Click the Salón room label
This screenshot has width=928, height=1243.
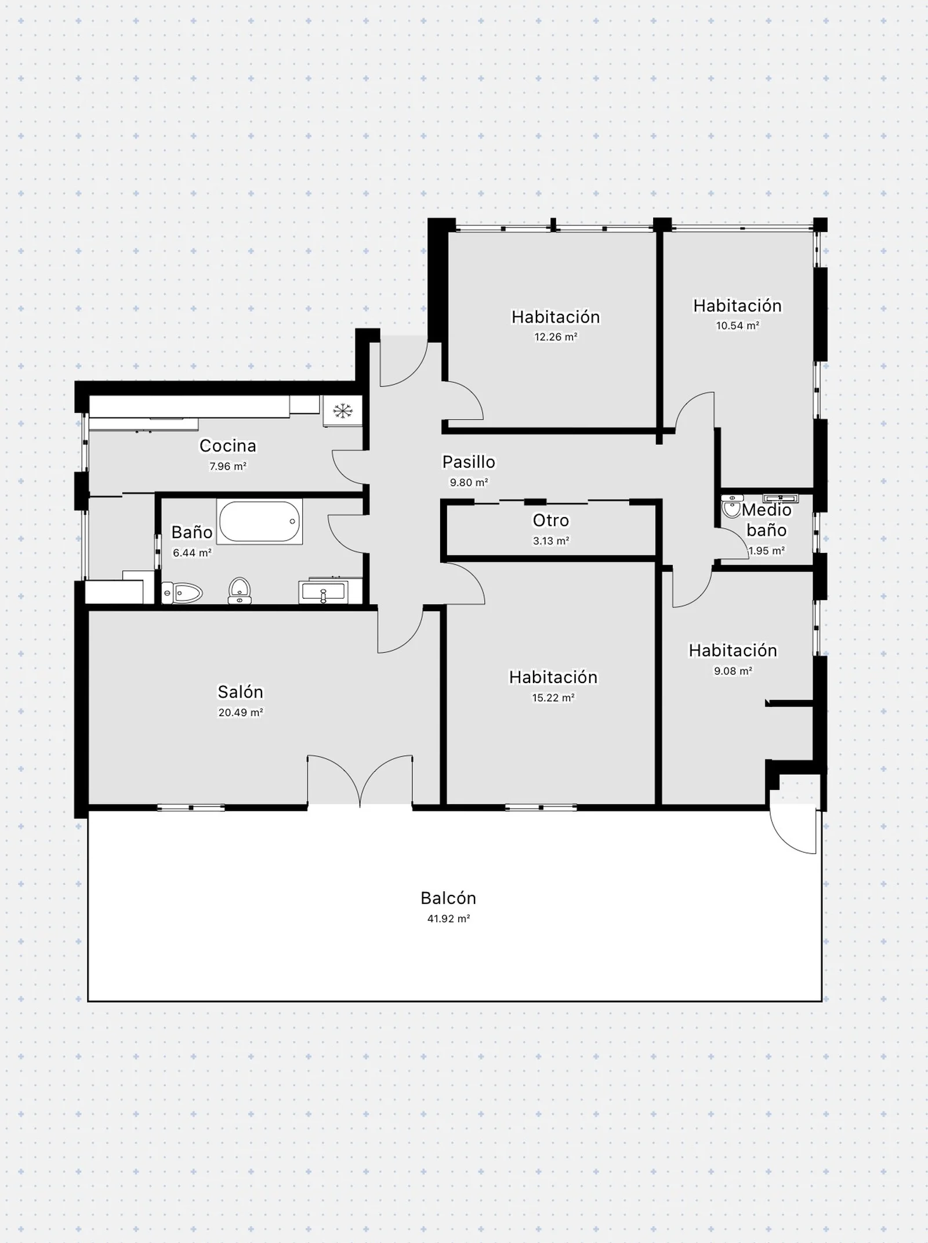coord(240,692)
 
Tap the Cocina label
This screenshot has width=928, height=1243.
coord(228,446)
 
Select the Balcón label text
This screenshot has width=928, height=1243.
coord(448,898)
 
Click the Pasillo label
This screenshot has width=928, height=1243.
coord(469,462)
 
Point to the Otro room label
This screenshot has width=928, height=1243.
coord(551,521)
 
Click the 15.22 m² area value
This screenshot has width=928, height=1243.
coord(553,698)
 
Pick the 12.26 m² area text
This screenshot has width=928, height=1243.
coord(556,337)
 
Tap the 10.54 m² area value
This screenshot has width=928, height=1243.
coord(738,326)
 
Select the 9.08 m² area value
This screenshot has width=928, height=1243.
coord(733,671)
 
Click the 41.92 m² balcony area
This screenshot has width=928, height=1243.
coord(448,919)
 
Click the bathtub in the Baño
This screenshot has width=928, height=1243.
coord(260,521)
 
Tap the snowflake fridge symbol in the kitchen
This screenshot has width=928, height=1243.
coord(343,411)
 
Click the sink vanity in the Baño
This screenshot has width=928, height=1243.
coord(323,592)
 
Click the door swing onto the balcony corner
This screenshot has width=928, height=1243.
coord(793,831)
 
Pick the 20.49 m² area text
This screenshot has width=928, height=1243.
coord(241,713)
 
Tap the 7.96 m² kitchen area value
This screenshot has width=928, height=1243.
coord(228,466)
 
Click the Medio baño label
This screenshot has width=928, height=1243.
coord(767,520)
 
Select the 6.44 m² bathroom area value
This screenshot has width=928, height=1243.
coord(192,553)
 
